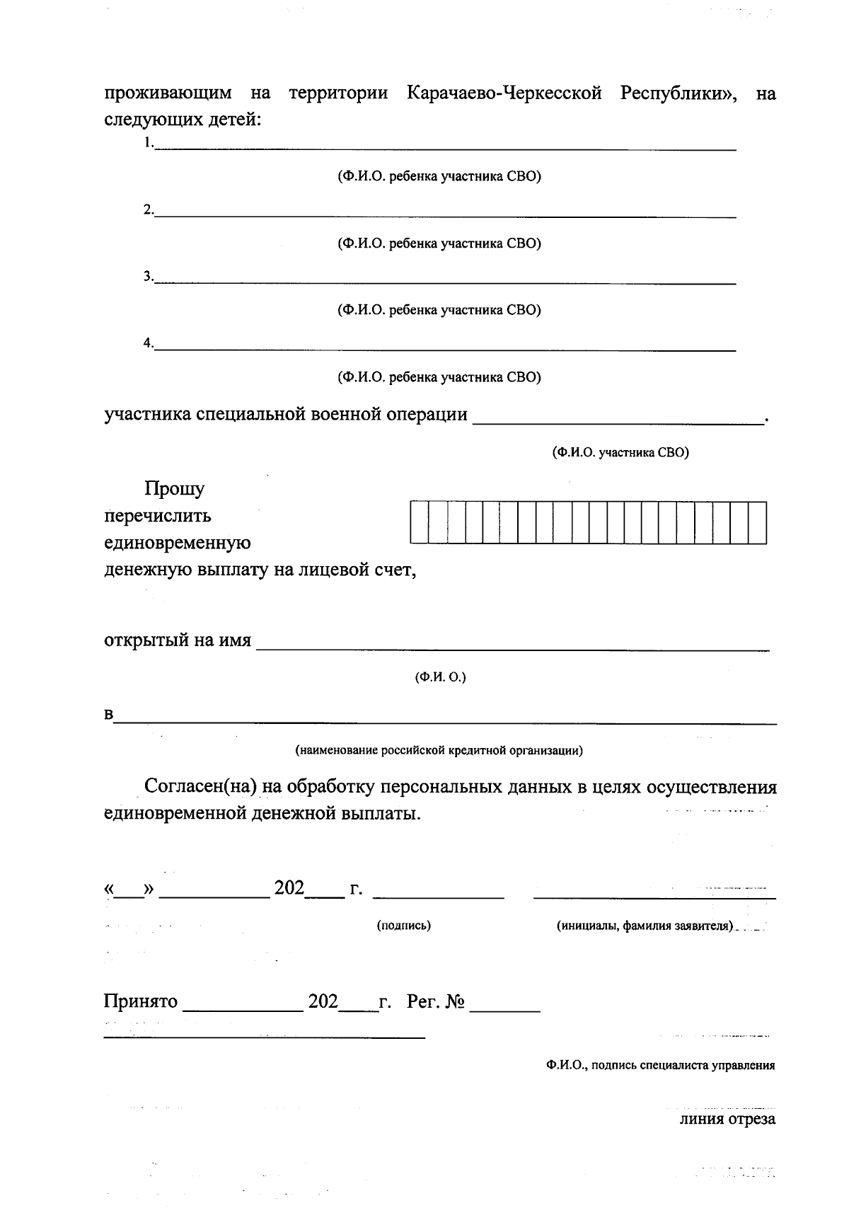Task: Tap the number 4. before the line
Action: pos(148,343)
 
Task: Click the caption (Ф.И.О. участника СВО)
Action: pos(620,453)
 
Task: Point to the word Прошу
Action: pos(174,489)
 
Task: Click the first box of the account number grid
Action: pos(419,523)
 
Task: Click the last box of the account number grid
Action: pos(758,523)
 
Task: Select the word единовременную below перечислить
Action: pos(178,543)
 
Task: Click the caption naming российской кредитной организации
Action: pos(439,751)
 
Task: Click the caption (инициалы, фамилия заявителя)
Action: pos(645,926)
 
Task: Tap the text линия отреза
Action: pos(727,1120)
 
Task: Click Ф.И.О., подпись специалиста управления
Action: pos(660,1065)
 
